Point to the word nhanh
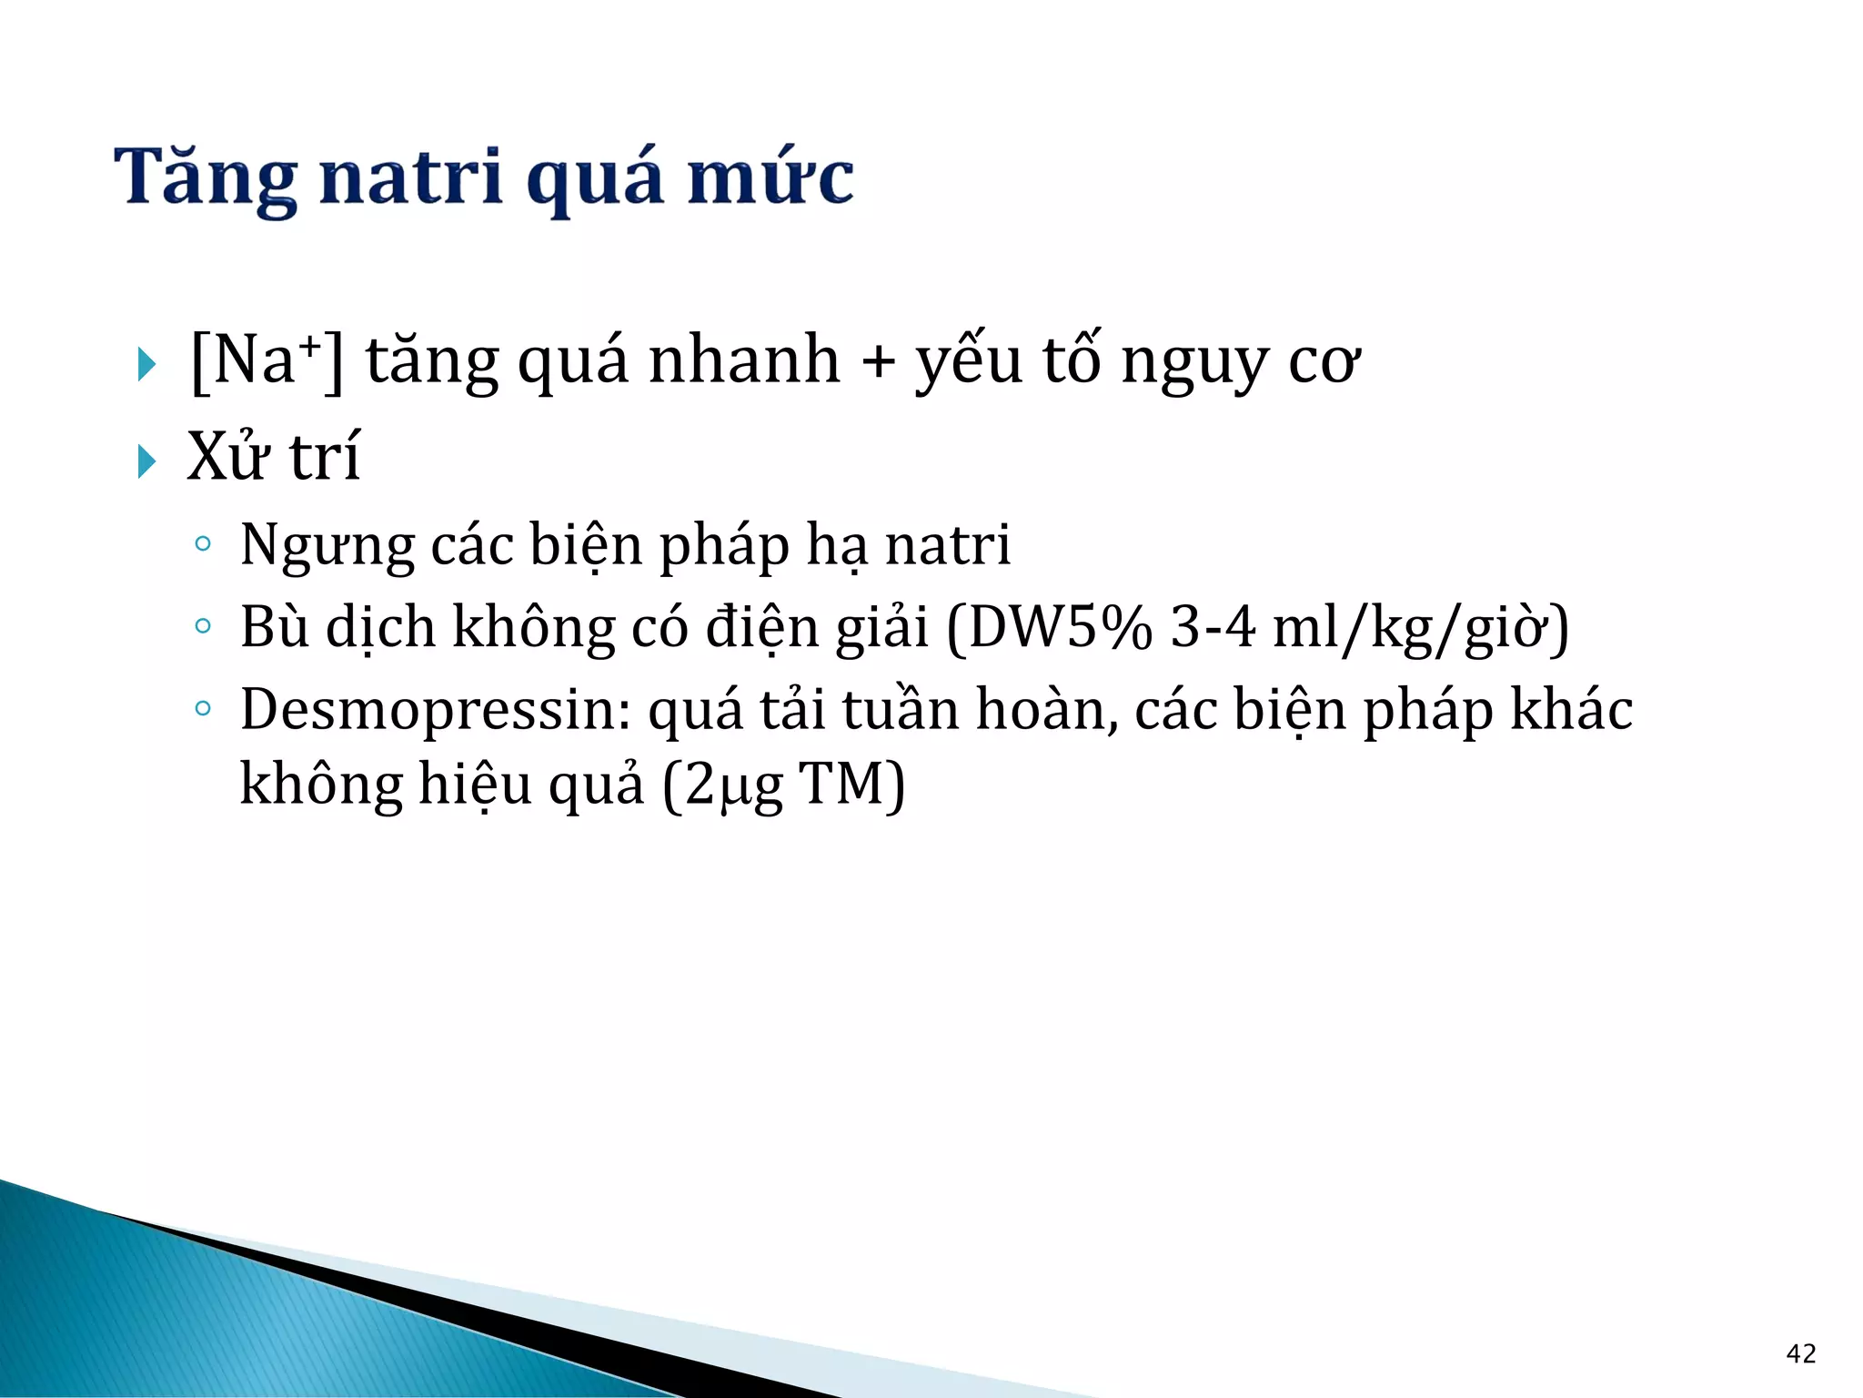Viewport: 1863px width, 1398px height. [744, 361]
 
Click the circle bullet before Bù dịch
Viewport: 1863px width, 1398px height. [203, 626]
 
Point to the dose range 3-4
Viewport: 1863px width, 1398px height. [1213, 627]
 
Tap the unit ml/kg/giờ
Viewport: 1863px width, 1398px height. [1420, 627]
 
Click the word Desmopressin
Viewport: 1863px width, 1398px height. [436, 710]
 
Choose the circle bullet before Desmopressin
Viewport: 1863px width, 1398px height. [203, 708]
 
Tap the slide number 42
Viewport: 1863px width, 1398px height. [1801, 1353]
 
